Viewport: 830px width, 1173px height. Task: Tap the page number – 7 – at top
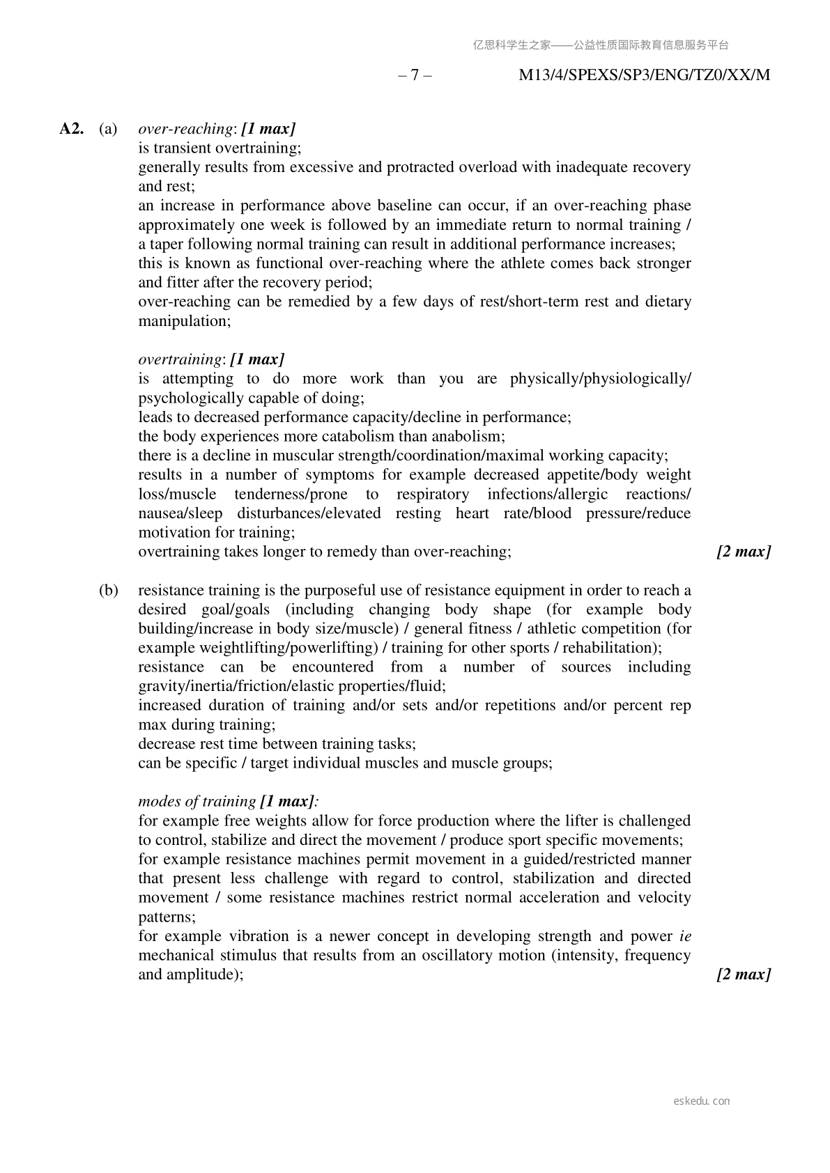coord(415,75)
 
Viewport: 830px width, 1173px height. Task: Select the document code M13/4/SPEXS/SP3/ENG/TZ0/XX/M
coord(645,75)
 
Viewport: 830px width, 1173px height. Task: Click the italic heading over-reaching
coord(185,129)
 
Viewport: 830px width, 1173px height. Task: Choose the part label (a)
coord(108,129)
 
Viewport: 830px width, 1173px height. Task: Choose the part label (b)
coord(108,591)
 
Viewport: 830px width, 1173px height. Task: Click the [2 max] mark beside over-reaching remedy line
coord(744,552)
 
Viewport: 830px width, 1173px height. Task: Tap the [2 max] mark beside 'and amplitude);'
coord(744,974)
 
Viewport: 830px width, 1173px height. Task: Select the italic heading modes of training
coord(197,802)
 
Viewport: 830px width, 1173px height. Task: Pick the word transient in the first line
coord(182,148)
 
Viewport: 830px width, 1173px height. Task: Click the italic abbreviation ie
coord(685,936)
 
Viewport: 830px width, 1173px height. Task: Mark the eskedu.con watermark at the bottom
coord(702,1101)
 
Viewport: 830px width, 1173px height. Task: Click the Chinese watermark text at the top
coord(601,45)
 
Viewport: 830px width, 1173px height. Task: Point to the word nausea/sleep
coord(180,513)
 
